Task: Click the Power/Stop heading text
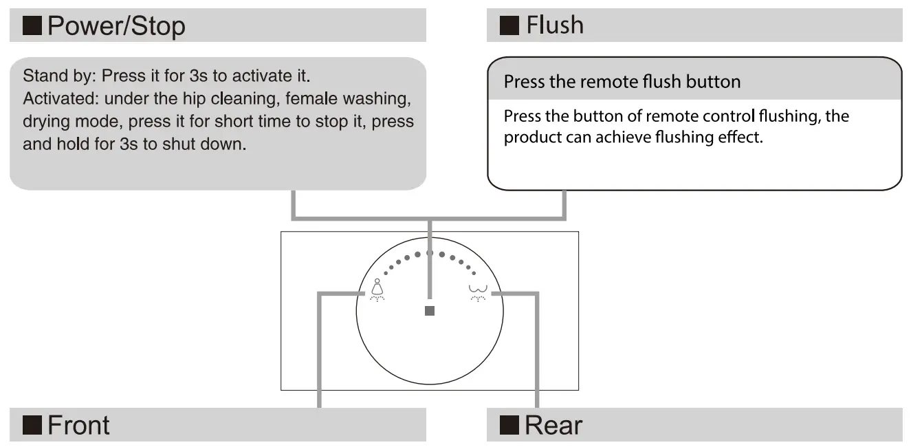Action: [x=116, y=26]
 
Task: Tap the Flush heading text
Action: [x=555, y=25]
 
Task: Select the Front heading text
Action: [x=78, y=425]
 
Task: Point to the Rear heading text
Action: [x=553, y=425]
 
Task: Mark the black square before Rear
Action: [x=509, y=426]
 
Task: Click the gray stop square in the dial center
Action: [x=430, y=311]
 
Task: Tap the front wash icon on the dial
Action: [x=377, y=292]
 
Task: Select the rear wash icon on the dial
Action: [x=476, y=292]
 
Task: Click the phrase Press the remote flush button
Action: [x=622, y=82]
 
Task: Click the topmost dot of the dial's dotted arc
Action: [x=430, y=253]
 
